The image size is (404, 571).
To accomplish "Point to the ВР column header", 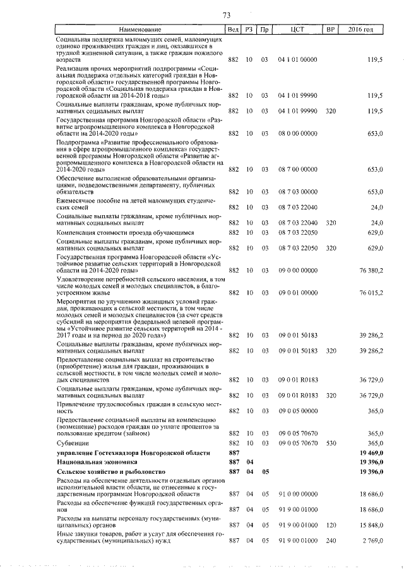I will point(330,30).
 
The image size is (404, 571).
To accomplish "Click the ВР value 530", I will point(330,443).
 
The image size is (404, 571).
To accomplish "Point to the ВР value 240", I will point(330,541).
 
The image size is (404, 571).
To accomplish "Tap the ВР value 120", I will point(330,525).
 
